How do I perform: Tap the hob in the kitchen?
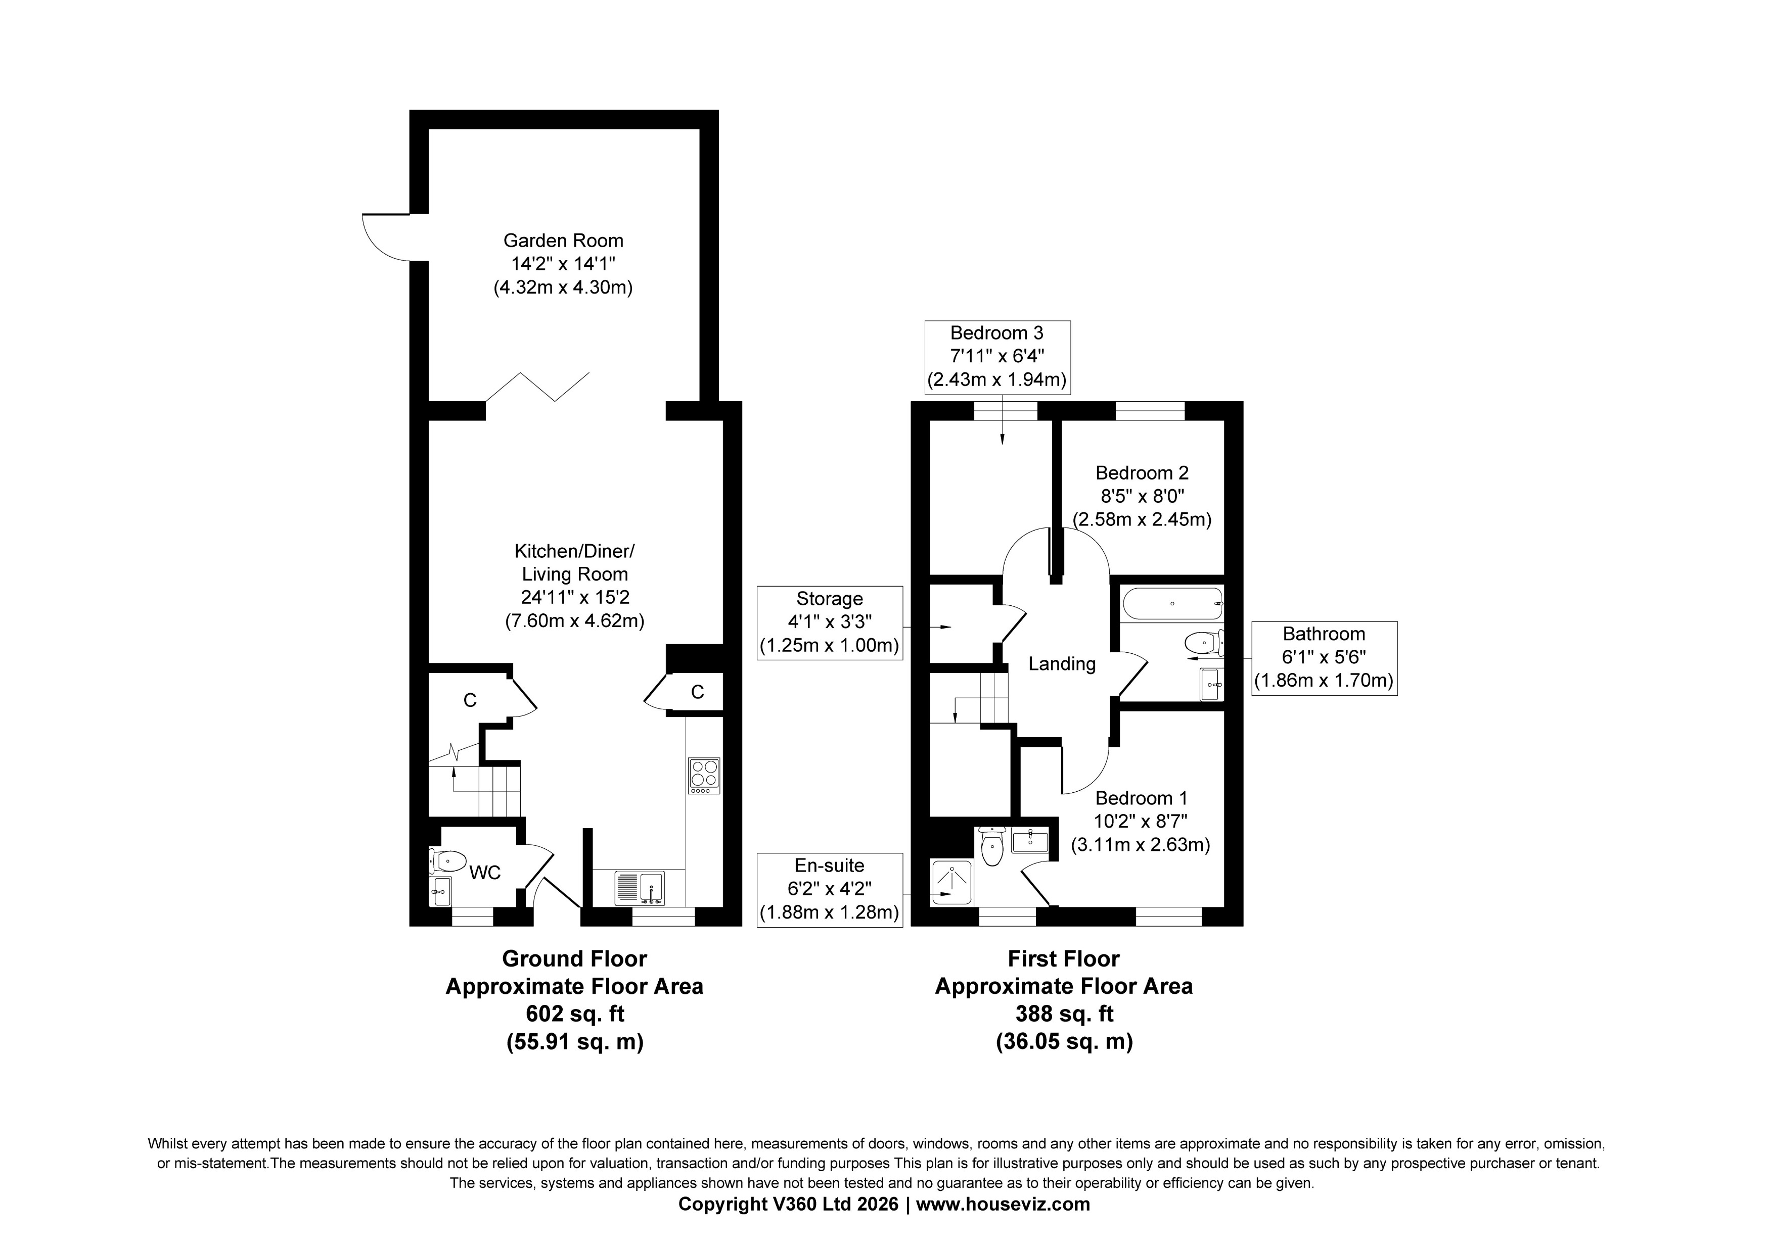click(x=704, y=776)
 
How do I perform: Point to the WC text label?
click(x=485, y=873)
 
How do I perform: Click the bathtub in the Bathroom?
click(x=1172, y=603)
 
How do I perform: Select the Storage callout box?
click(x=830, y=622)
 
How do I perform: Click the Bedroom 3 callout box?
click(x=997, y=357)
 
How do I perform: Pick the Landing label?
click(x=1062, y=663)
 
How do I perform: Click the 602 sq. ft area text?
click(x=574, y=1014)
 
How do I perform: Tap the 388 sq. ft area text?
click(x=1064, y=1014)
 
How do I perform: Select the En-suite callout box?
click(x=830, y=889)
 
